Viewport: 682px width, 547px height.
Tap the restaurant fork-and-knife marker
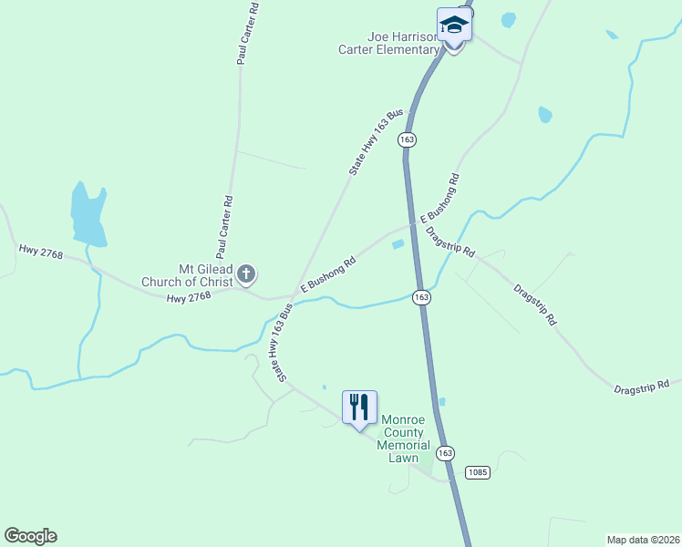[359, 406]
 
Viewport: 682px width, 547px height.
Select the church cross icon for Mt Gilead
[245, 273]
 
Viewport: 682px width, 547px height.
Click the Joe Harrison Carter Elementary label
[404, 43]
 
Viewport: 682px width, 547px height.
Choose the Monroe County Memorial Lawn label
[406, 438]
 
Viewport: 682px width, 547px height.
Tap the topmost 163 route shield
[407, 139]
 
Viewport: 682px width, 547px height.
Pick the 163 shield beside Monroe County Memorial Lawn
[445, 453]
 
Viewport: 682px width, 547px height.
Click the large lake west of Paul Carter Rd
[88, 217]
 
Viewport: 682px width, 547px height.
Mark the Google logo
[30, 536]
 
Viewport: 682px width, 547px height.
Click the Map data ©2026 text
[643, 539]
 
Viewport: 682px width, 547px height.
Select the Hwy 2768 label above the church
[40, 251]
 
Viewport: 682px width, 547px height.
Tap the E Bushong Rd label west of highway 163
[326, 273]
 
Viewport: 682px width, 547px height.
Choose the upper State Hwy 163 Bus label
[376, 142]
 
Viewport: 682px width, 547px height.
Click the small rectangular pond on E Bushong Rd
[398, 243]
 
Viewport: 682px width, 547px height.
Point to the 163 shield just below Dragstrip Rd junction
[420, 297]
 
